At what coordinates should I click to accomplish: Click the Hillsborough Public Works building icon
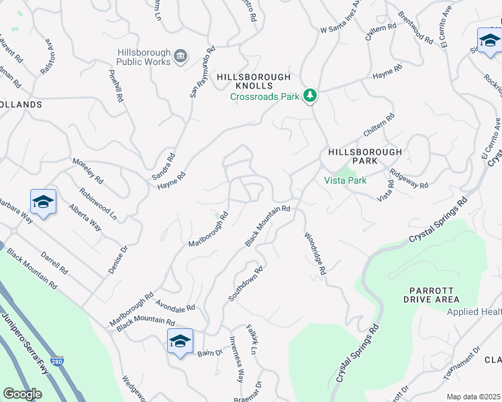(181, 56)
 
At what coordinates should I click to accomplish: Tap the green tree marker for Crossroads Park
(309, 96)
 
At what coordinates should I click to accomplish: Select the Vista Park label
(345, 180)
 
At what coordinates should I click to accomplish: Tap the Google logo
(23, 394)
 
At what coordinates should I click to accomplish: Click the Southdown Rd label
(245, 283)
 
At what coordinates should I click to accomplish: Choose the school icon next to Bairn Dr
(180, 342)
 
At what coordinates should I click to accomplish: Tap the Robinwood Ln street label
(98, 204)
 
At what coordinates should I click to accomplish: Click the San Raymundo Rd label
(202, 72)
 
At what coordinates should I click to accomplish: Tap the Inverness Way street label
(236, 358)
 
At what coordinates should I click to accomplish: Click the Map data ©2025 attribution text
(473, 397)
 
